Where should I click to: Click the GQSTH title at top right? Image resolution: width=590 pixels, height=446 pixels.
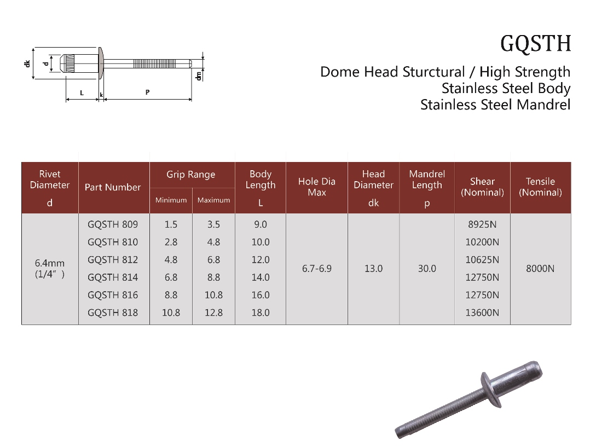tap(535, 44)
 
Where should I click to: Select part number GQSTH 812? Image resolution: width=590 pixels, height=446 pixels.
tap(113, 260)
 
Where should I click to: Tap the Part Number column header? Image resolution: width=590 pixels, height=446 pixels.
tap(113, 187)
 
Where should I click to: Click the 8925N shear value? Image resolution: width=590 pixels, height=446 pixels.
tap(482, 224)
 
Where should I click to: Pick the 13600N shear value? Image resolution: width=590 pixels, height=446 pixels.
tap(482, 312)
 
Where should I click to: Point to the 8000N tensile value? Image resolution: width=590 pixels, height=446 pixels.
tap(540, 268)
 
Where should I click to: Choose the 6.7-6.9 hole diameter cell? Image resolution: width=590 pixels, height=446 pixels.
tap(316, 268)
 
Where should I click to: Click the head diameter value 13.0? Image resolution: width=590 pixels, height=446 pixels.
tap(373, 268)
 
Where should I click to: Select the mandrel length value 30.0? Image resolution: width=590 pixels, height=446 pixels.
tap(427, 268)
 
